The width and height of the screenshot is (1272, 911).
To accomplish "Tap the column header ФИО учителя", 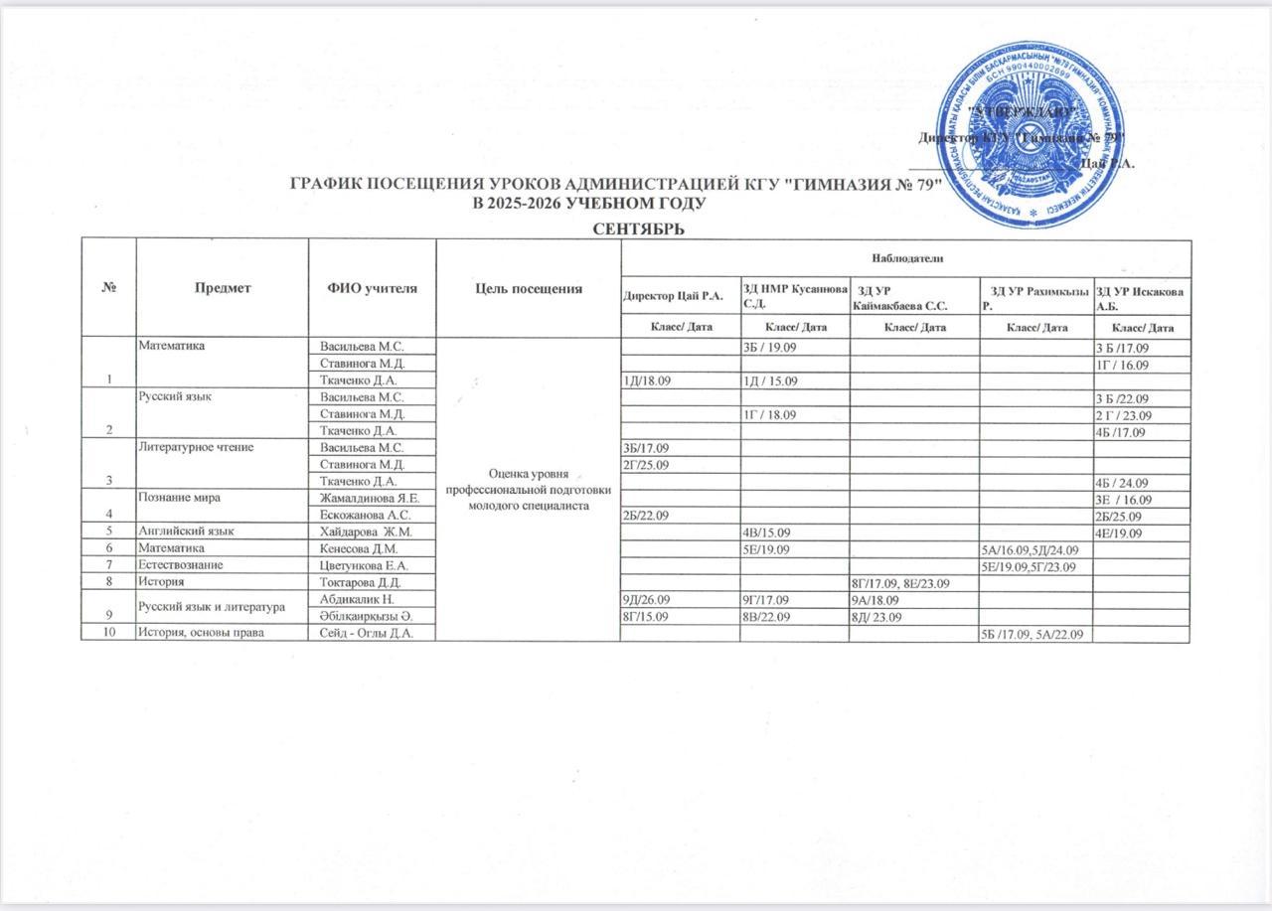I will point(372,288).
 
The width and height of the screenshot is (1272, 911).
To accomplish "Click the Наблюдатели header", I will point(904,257).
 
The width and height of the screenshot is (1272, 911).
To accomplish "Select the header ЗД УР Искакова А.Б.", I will point(1140,295).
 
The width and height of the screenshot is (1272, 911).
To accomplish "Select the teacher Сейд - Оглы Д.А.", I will point(364,635).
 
